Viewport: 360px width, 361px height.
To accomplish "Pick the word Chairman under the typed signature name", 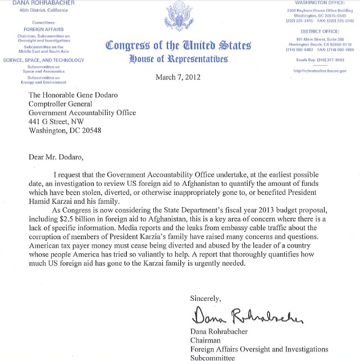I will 206,339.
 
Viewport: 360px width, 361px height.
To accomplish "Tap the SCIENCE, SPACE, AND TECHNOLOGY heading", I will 43,60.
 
